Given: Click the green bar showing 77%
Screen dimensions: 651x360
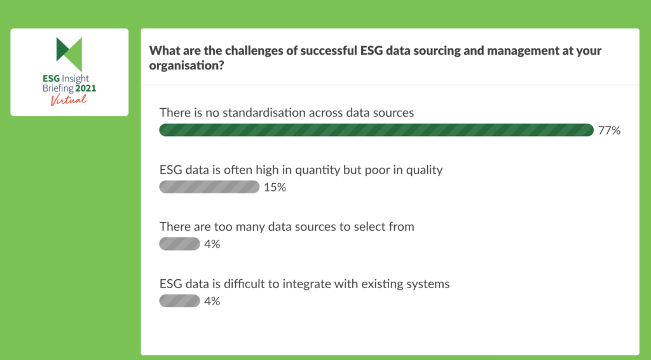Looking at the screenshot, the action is click(x=376, y=130).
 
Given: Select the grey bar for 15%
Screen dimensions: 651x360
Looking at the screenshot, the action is click(x=209, y=187).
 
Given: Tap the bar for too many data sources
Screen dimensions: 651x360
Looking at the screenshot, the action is click(x=179, y=244).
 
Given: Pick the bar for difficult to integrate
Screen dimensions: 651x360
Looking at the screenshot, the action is click(x=179, y=301).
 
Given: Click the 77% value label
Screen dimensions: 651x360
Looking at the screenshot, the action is click(x=609, y=131).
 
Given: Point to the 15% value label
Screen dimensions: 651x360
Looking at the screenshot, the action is click(x=275, y=188).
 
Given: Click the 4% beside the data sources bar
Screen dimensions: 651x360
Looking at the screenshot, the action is click(x=212, y=244).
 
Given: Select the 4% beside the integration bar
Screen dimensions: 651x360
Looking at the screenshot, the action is click(x=212, y=301).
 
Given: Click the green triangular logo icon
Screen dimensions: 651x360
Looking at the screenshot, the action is click(x=69, y=54).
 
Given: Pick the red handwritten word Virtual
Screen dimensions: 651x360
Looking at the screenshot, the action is click(x=69, y=100).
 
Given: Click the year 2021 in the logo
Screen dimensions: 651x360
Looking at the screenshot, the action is click(x=86, y=88).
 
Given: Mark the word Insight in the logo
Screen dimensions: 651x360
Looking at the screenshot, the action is click(x=76, y=79).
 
